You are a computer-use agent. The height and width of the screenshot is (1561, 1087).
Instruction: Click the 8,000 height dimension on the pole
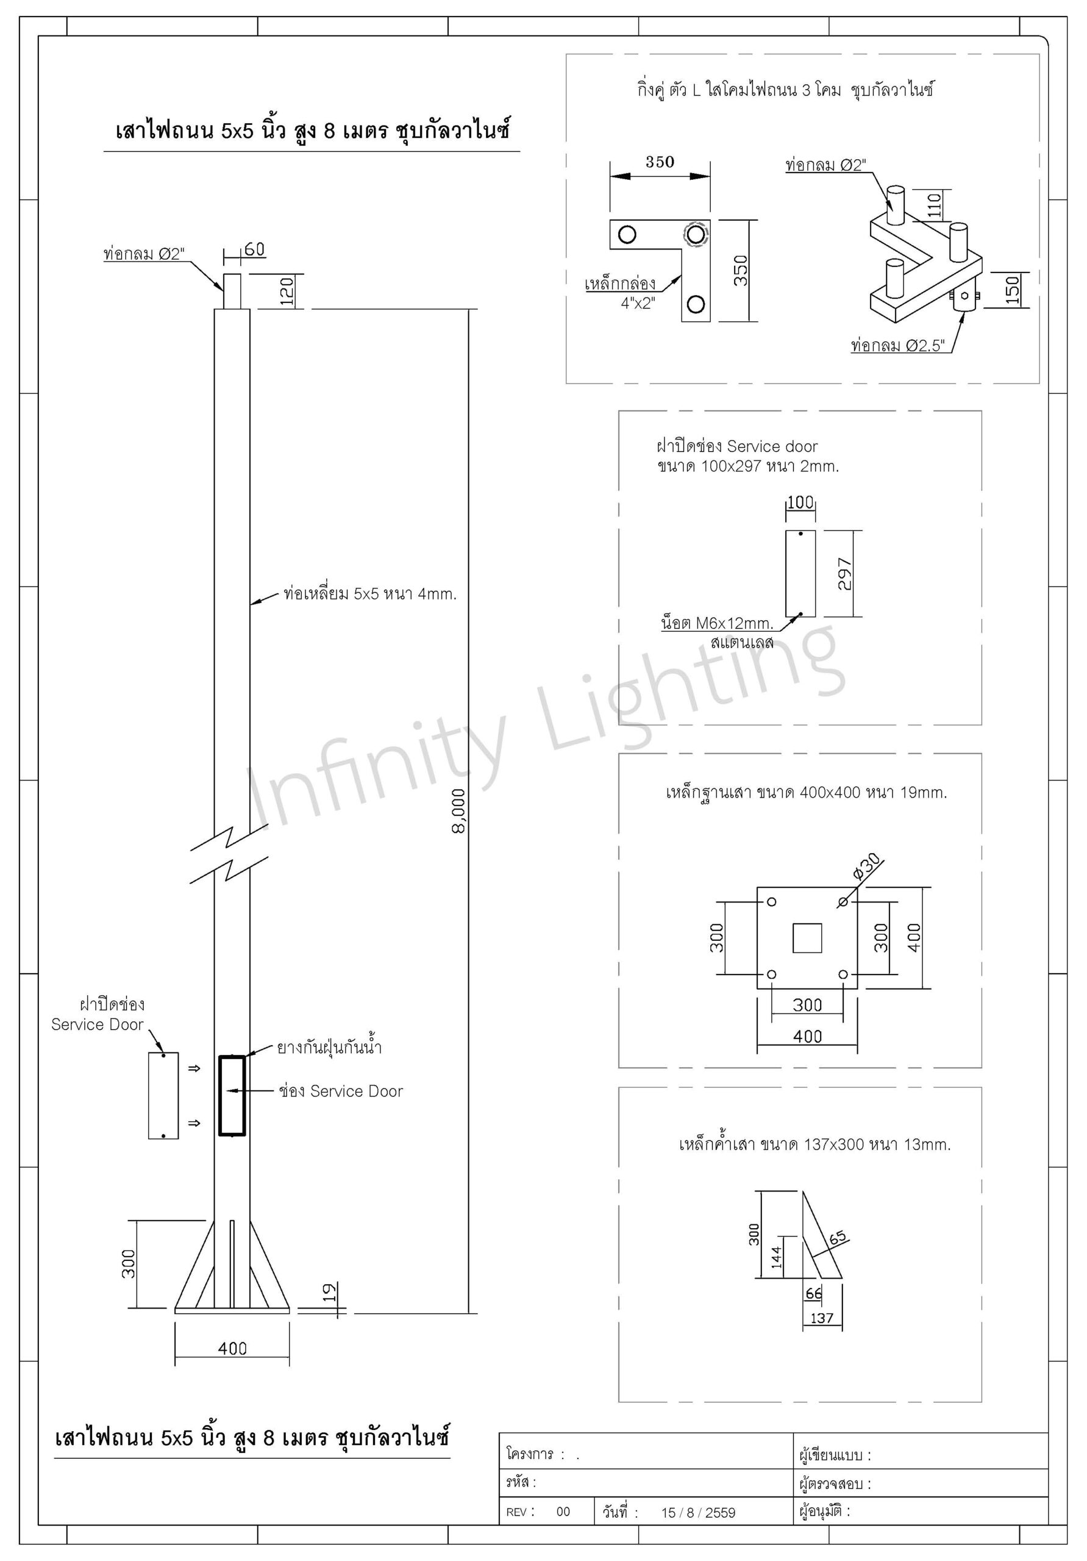tap(459, 810)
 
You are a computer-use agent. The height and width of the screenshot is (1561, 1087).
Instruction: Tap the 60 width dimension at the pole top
tap(254, 249)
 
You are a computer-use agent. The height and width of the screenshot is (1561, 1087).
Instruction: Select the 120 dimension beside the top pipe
tap(286, 291)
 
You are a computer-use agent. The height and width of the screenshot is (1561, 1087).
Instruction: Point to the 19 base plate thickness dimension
tap(329, 1291)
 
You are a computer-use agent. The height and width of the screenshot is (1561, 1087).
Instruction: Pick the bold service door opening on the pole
tap(232, 1095)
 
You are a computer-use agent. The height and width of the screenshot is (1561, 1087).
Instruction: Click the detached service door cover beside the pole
tap(163, 1095)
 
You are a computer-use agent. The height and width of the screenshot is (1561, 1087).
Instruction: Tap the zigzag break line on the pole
tap(229, 855)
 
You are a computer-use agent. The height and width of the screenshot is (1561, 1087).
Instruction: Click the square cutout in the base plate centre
tap(807, 938)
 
